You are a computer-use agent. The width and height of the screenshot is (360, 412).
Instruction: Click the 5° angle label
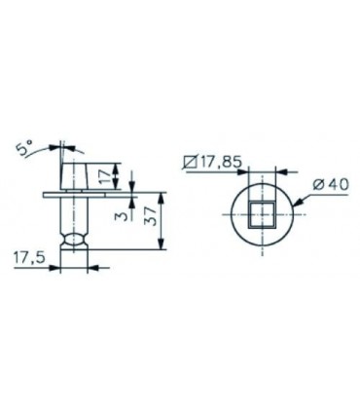click(x=24, y=148)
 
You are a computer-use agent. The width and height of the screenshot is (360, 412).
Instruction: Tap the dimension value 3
click(x=121, y=215)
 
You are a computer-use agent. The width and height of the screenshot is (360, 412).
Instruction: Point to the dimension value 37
click(x=152, y=216)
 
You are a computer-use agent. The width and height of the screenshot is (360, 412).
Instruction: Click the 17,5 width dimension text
click(x=29, y=258)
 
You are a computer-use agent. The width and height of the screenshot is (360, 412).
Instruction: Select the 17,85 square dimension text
click(x=221, y=162)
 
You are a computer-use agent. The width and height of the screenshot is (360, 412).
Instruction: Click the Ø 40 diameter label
click(x=331, y=185)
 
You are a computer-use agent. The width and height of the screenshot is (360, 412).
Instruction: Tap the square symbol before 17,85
click(x=190, y=162)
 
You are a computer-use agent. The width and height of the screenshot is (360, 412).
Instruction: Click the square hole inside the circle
click(x=262, y=213)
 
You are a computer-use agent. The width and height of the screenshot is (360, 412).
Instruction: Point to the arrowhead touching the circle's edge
click(x=298, y=203)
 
